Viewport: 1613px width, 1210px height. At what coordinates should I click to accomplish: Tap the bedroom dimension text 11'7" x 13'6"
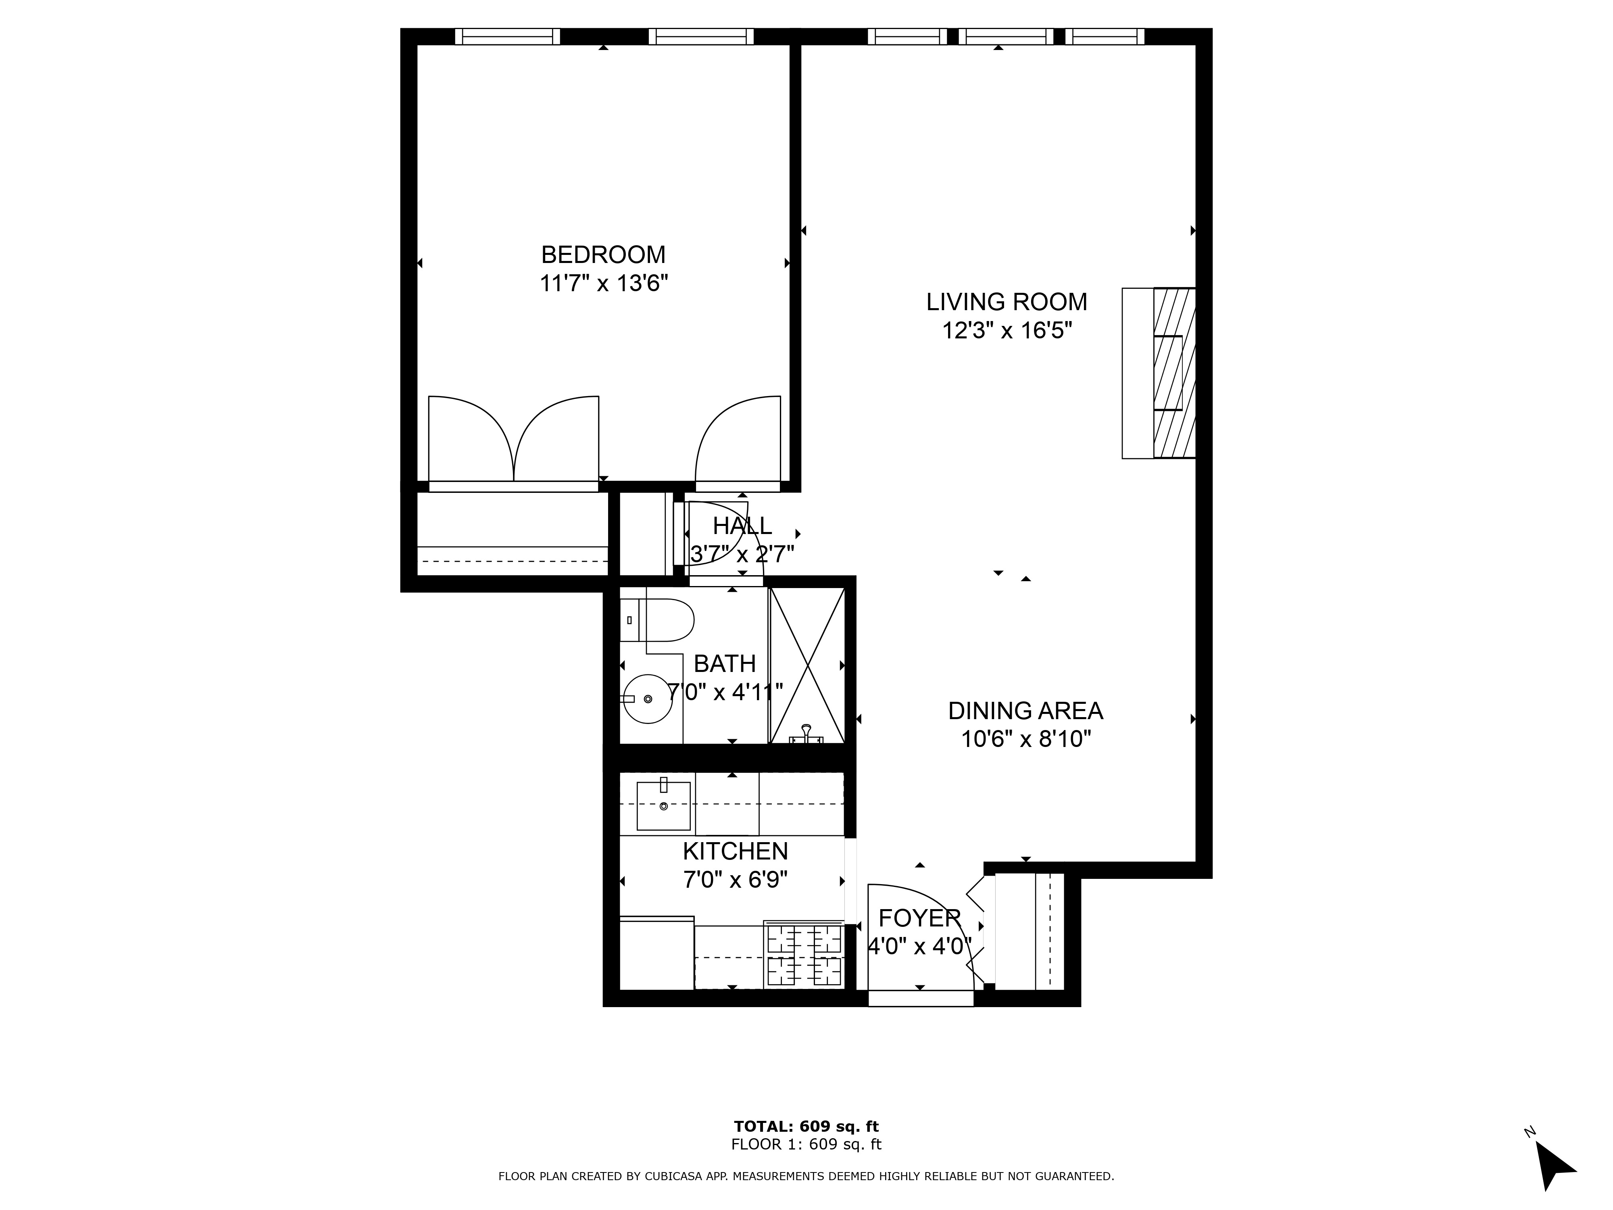(x=603, y=283)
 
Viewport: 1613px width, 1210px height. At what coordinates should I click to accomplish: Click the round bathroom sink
(x=648, y=699)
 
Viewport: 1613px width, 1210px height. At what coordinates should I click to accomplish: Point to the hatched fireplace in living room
(x=1174, y=373)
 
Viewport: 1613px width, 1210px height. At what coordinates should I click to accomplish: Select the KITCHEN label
(x=735, y=851)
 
